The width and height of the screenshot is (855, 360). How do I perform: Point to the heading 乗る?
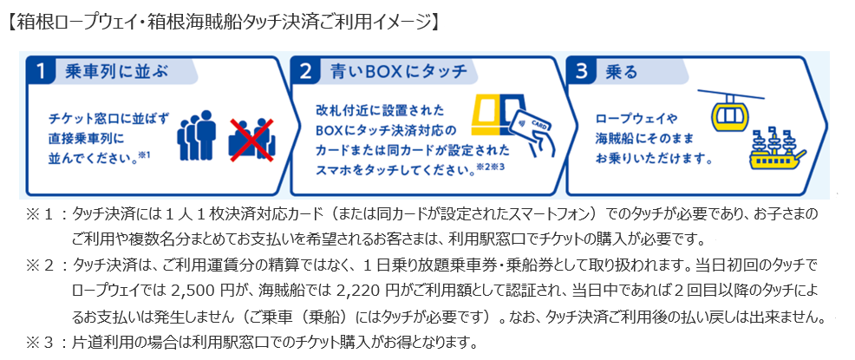[x=615, y=72]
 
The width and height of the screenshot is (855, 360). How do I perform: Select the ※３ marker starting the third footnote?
[x=39, y=340]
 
